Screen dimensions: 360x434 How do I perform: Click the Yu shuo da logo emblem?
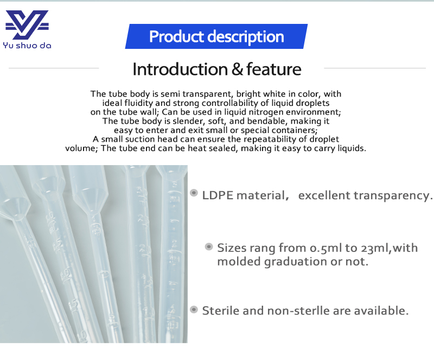(27, 25)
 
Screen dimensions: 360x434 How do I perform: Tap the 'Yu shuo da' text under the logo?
(27, 46)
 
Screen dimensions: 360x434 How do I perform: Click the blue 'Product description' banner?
(216, 37)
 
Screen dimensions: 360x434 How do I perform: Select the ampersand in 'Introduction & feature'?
(237, 70)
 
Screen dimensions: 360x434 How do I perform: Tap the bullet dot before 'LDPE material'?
(194, 193)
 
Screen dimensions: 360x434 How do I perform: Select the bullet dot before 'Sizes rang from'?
(208, 247)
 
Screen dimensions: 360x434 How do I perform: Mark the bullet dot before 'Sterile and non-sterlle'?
(194, 310)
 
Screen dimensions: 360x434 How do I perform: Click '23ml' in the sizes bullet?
(375, 249)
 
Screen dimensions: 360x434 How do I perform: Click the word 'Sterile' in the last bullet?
(220, 311)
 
